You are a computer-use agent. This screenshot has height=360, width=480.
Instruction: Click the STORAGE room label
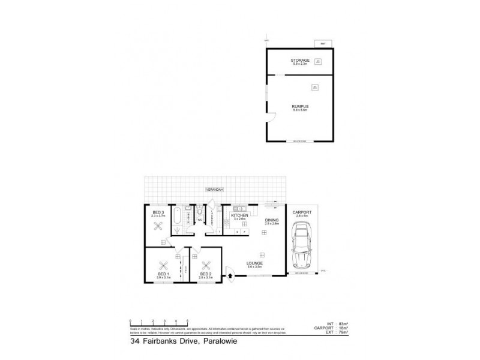(299, 60)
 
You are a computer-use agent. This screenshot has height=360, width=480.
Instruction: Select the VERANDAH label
(215, 190)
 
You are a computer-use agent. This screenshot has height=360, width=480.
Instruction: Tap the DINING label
(272, 220)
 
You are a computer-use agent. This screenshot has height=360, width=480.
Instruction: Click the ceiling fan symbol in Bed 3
(159, 226)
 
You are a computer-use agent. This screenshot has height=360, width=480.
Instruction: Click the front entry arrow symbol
(230, 277)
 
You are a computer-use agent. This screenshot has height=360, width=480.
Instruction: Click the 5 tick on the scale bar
(188, 320)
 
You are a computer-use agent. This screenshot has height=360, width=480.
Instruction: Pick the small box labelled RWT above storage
(323, 44)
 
